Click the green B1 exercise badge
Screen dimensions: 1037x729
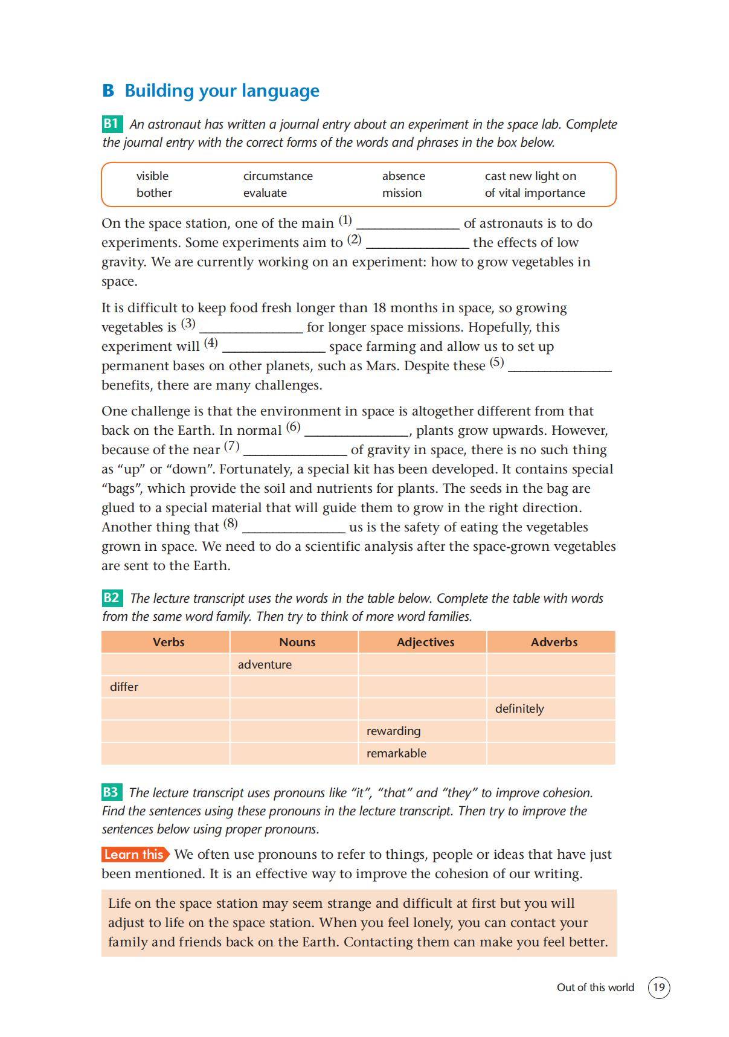(x=112, y=124)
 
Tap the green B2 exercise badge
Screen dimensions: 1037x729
(x=112, y=598)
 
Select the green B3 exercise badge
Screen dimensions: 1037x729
(x=112, y=792)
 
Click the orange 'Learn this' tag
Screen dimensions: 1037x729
(x=135, y=854)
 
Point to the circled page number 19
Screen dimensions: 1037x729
(x=659, y=987)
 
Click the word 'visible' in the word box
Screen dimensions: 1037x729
(x=152, y=176)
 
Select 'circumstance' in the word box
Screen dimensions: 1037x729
(x=278, y=176)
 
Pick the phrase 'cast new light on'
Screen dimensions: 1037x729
(x=530, y=176)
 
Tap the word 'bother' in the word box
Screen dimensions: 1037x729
(x=154, y=193)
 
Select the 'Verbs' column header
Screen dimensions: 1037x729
(x=168, y=642)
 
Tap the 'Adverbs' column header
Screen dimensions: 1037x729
(x=554, y=642)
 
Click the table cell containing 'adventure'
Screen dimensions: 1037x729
(x=294, y=664)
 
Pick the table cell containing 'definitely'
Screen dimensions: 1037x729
(x=550, y=708)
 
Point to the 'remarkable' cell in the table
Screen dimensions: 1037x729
(x=422, y=753)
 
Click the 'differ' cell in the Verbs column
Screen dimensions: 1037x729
(x=165, y=687)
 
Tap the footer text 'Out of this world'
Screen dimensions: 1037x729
(x=595, y=987)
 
